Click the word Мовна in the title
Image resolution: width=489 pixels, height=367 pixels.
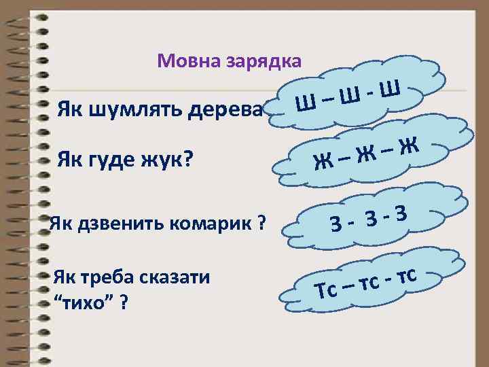click(184, 62)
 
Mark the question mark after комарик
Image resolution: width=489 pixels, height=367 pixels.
click(261, 224)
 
